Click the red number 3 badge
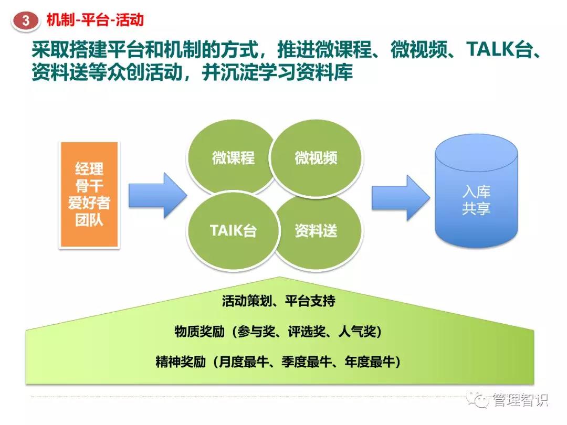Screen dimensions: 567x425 (25, 20)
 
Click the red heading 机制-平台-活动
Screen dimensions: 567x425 (95, 19)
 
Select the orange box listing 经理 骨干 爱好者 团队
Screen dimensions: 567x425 (89, 195)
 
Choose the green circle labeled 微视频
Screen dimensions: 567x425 (316, 158)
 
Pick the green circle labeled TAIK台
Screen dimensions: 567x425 (233, 230)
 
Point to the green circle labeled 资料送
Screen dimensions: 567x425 (318, 231)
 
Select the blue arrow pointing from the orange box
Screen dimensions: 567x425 (157, 195)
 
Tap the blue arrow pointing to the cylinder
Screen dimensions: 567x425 (401, 198)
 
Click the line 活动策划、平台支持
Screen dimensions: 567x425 (278, 301)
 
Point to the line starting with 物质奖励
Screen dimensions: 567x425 (278, 331)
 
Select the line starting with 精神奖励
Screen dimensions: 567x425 (278, 362)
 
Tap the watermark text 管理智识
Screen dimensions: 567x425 (520, 400)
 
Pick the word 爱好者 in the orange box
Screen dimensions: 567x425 (89, 203)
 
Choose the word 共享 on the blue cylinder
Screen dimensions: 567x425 (476, 208)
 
